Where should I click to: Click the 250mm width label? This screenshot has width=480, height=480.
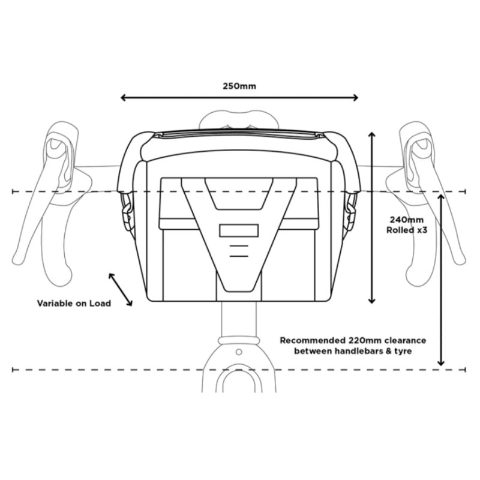(239, 86)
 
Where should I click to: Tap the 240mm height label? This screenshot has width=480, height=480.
(407, 220)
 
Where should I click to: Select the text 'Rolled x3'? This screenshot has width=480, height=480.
(407, 230)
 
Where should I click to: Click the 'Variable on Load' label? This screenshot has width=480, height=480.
(74, 304)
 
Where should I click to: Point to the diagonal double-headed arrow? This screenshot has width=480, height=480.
(121, 289)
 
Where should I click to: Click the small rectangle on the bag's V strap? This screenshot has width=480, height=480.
(239, 231)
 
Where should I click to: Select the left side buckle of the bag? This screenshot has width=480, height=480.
(126, 211)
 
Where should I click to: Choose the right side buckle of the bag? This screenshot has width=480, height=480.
(351, 211)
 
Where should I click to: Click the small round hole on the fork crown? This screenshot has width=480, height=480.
(239, 352)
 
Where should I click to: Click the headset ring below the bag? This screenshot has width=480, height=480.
(239, 340)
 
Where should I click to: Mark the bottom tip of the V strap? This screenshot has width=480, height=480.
(239, 292)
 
